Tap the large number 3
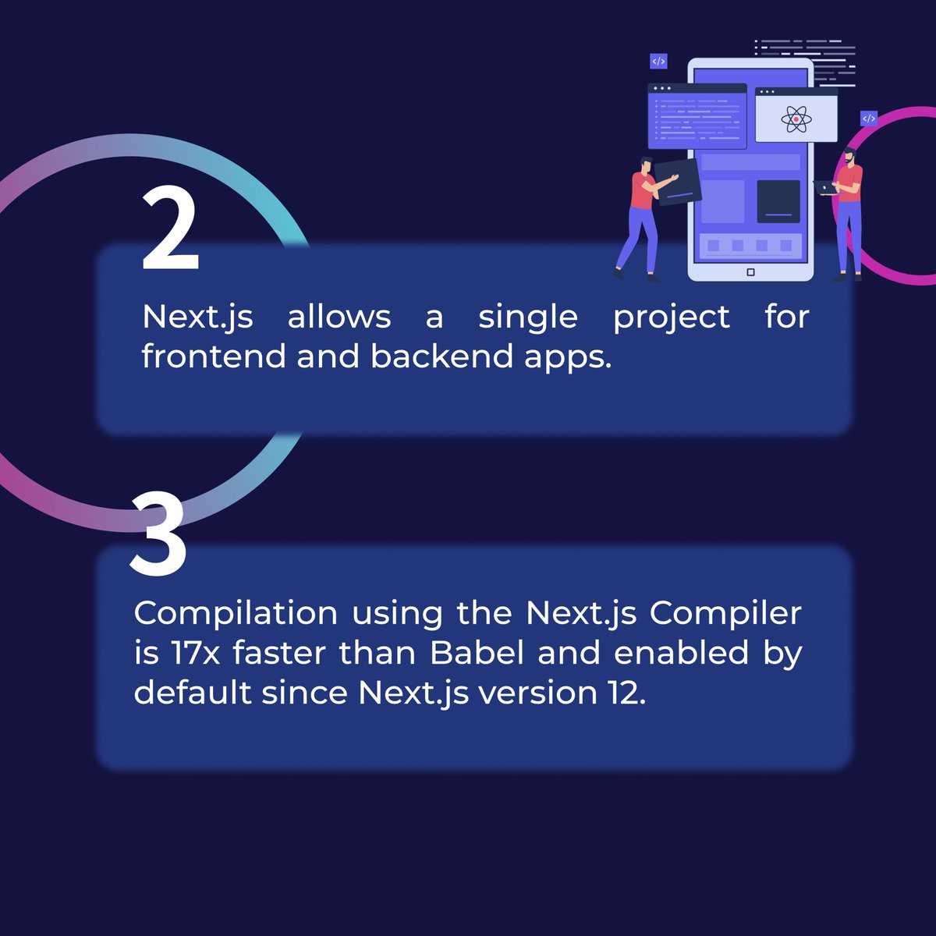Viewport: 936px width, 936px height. pos(158,535)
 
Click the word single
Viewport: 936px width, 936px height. pos(528,317)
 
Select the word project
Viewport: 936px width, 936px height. pos(671,317)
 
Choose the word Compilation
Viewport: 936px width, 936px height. pos(236,614)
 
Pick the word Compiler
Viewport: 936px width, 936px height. pos(725,614)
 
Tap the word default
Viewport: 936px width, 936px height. pos(192,693)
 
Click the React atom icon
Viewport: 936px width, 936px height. pos(796,119)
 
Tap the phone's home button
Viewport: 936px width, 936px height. pos(750,272)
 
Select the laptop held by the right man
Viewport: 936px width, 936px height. pos(825,187)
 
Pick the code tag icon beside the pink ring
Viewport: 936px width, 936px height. pos(869,119)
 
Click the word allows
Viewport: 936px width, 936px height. pos(339,317)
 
